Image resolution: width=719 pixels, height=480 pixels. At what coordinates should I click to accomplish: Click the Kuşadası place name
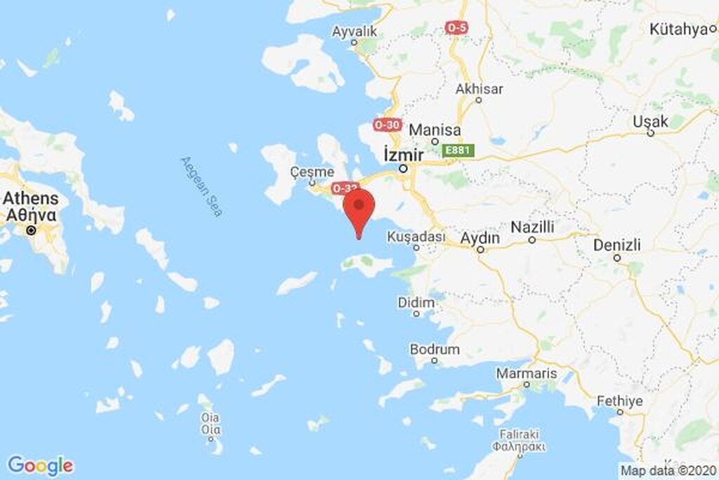[416, 237]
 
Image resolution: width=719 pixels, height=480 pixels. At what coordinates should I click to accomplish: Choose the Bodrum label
[435, 349]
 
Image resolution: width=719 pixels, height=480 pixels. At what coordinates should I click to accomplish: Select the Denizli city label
[617, 245]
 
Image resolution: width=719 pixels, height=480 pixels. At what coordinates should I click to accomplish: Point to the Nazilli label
[532, 227]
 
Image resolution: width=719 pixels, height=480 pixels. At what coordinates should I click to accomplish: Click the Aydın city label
[480, 238]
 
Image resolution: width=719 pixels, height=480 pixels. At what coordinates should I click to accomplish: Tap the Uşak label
[650, 121]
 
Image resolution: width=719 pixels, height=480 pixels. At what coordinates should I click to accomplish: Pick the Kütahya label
[678, 30]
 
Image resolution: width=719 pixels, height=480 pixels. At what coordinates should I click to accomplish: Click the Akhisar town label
[479, 89]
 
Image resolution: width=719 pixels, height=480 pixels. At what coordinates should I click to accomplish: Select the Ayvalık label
[355, 32]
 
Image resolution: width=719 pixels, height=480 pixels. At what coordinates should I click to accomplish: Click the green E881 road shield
[459, 150]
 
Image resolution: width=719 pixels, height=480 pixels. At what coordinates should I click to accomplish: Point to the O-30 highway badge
[388, 125]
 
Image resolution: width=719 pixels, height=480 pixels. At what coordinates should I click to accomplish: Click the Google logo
[40, 465]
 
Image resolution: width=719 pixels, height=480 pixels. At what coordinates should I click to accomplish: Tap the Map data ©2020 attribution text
[668, 470]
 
